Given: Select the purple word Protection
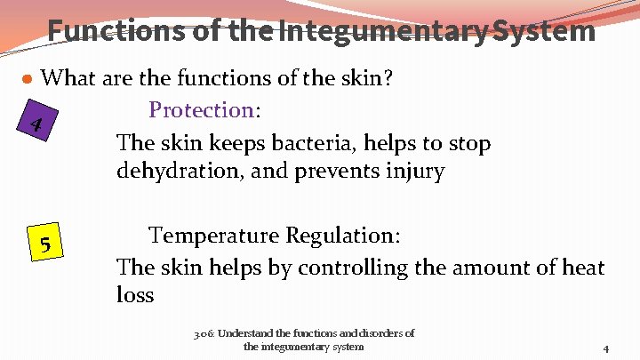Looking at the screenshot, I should pyautogui.click(x=202, y=110).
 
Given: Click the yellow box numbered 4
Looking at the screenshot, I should pyautogui.click(x=36, y=124).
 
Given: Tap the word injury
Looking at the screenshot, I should pyautogui.click(x=412, y=172).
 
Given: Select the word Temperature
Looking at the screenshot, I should pyautogui.click(x=213, y=236).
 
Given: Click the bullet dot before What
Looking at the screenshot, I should pyautogui.click(x=28, y=79).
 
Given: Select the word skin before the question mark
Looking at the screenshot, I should pyautogui.click(x=357, y=78).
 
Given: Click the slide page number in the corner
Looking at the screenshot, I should pyautogui.click(x=605, y=348).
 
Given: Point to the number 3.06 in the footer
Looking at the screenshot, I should pyautogui.click(x=204, y=334).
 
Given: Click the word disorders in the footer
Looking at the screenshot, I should pyautogui.click(x=373, y=334).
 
